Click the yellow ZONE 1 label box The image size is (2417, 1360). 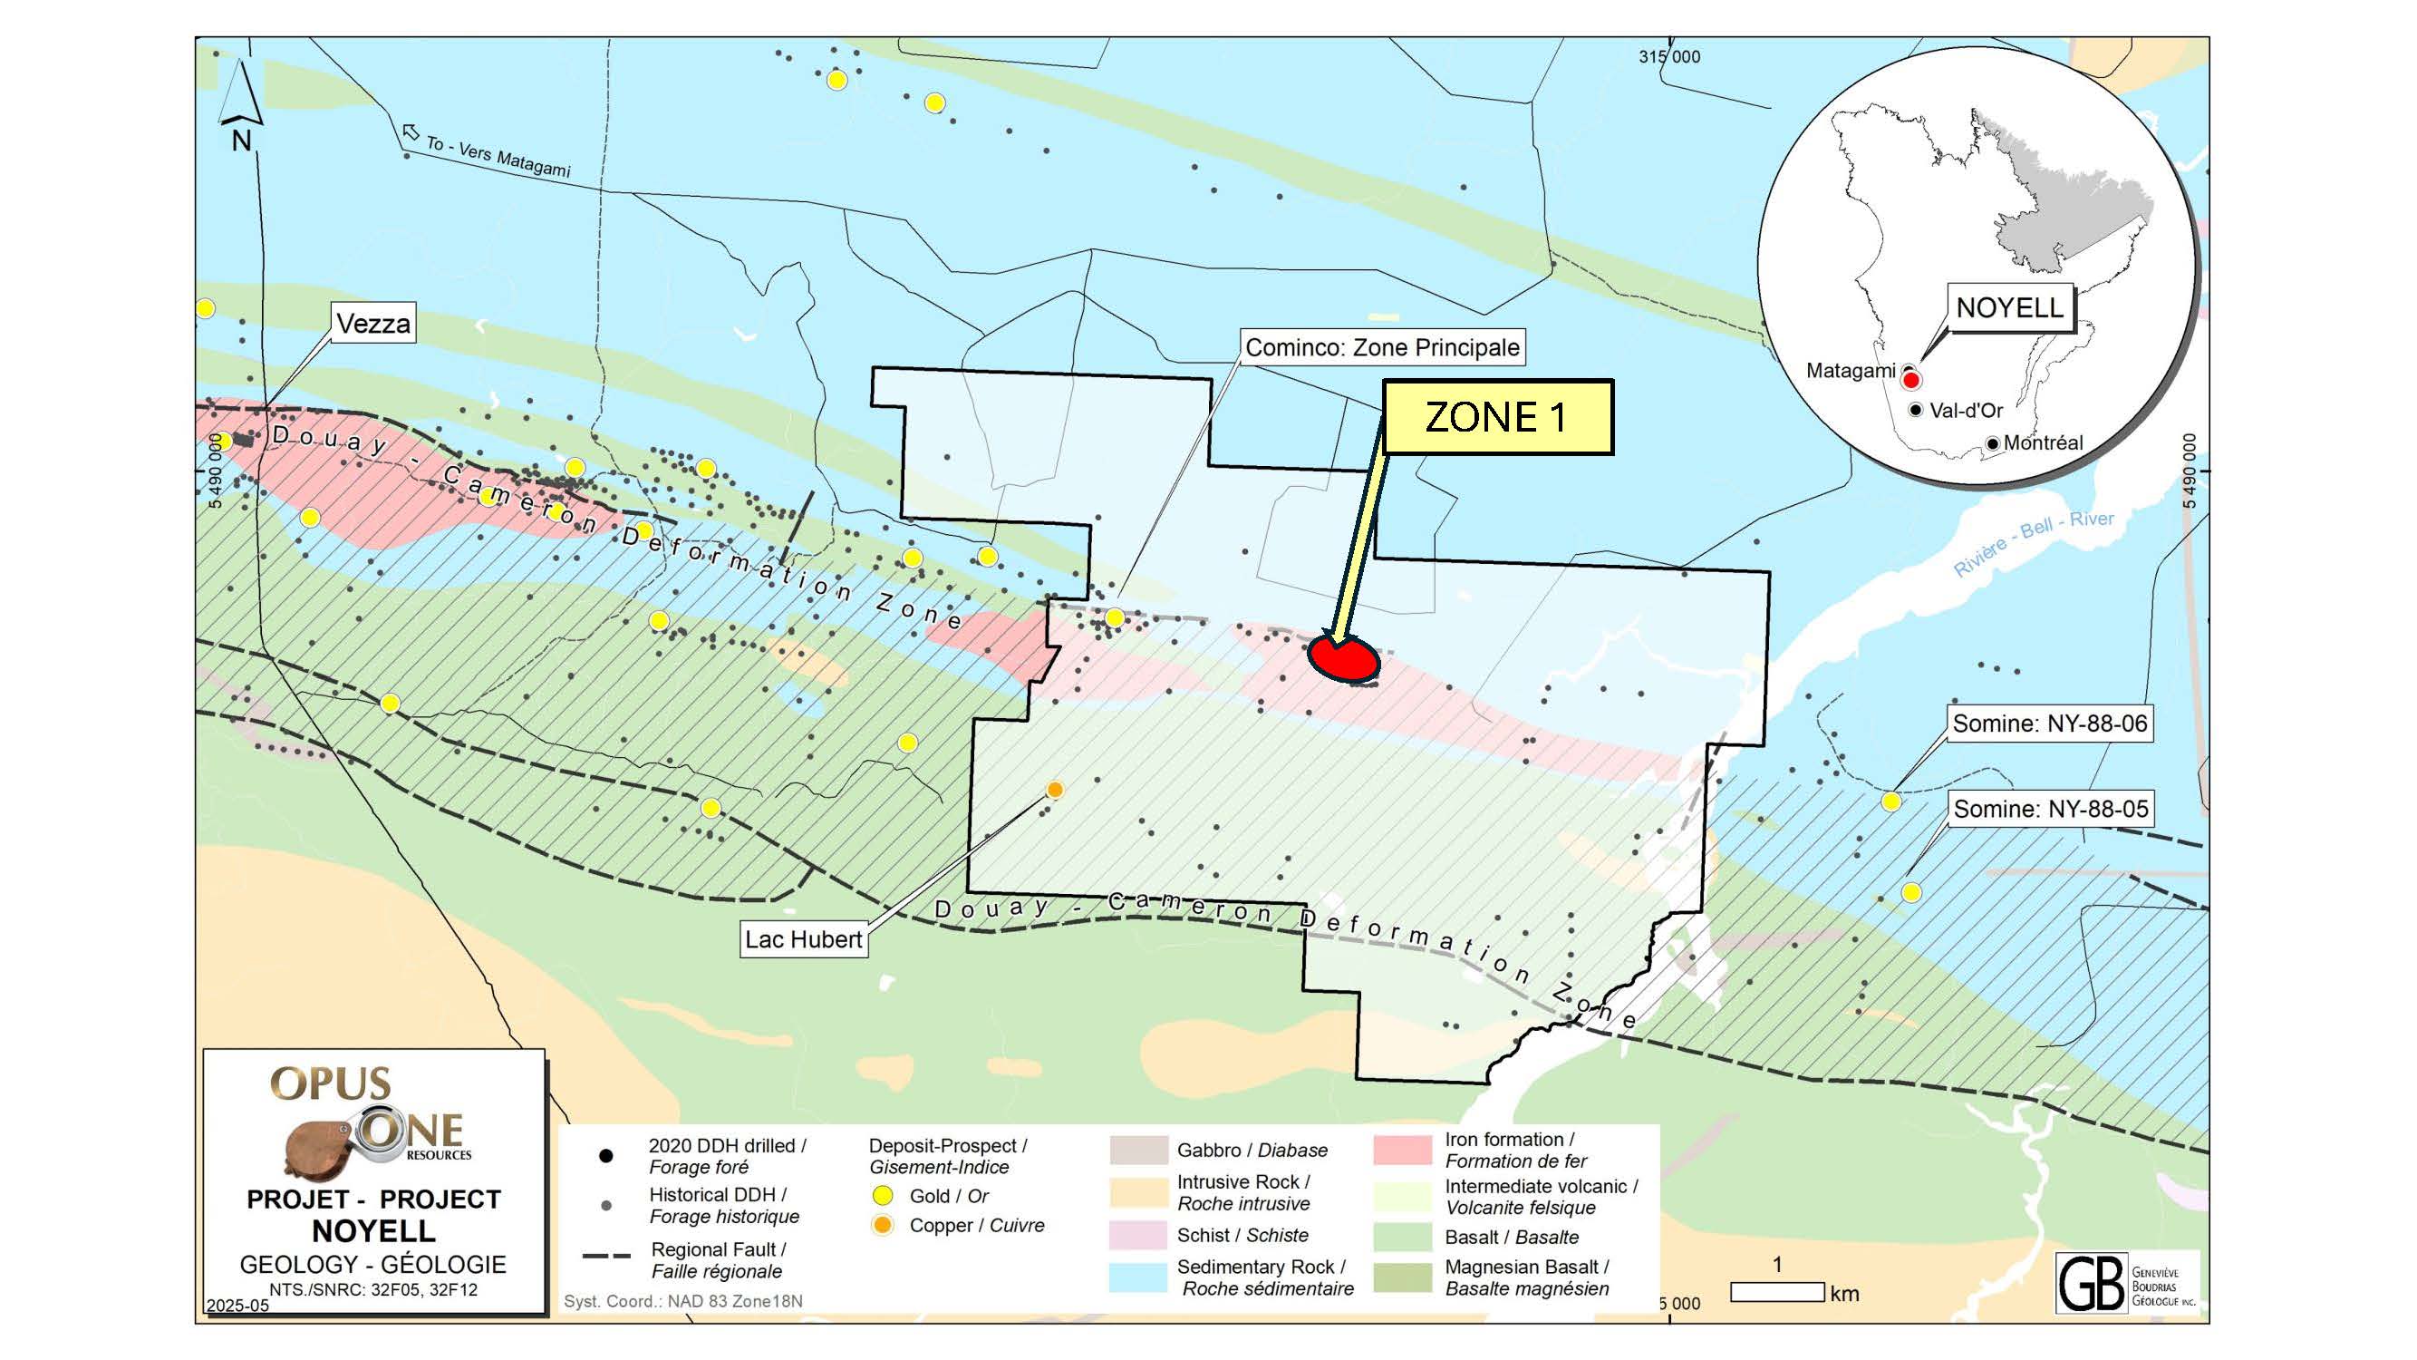(1497, 418)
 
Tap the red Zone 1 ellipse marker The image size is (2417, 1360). (1344, 659)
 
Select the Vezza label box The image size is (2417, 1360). (373, 324)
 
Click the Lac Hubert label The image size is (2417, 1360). (803, 939)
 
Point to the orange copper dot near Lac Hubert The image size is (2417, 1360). (1055, 791)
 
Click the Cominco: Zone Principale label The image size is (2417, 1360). (1381, 347)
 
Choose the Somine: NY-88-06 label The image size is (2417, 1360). (2049, 724)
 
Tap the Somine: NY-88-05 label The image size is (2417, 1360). (2050, 809)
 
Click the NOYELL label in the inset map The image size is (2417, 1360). (2009, 307)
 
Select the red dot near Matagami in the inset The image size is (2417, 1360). (1910, 380)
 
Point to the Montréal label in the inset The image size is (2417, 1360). (2043, 443)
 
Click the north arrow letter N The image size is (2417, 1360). (241, 141)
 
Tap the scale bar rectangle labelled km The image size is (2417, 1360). (1777, 1292)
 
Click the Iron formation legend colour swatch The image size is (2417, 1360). (1402, 1150)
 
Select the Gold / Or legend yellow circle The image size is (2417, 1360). (882, 1196)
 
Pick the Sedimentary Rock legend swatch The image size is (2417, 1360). (1137, 1277)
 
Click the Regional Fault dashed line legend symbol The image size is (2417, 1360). (606, 1256)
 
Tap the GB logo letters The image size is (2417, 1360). (2091, 1283)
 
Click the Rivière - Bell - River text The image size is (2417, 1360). (2034, 543)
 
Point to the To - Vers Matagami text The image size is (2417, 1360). (498, 156)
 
